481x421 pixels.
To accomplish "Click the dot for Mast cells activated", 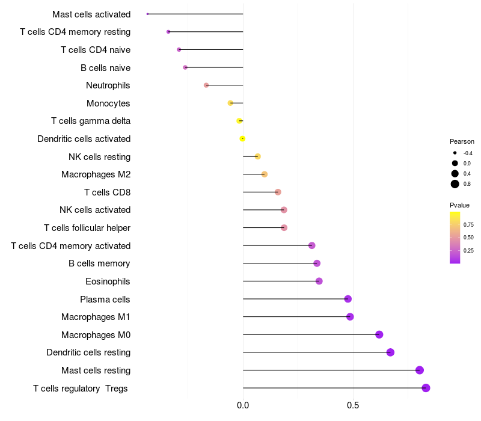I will [x=147, y=14].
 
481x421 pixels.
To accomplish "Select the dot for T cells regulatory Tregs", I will [x=426, y=388].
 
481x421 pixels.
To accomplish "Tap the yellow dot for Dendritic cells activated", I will [x=242, y=138].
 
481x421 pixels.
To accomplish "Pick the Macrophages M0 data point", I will [x=379, y=334].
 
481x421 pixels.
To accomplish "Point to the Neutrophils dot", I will [x=206, y=85].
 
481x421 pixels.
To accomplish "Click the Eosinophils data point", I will [x=319, y=281].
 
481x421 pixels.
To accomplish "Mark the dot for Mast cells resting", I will [x=420, y=370].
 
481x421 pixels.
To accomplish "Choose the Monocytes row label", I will [x=108, y=103].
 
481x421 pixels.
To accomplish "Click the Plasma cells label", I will [x=105, y=299].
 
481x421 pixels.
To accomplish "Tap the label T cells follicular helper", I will [x=87, y=228].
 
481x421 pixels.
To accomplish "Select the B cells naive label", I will [x=105, y=67].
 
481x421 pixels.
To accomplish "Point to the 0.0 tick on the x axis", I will [x=243, y=406].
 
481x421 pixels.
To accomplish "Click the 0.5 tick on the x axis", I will [x=353, y=406].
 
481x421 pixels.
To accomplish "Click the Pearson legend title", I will [x=462, y=141].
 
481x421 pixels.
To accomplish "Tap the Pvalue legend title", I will [x=459, y=205].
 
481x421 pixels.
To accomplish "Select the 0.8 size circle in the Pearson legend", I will [x=455, y=184].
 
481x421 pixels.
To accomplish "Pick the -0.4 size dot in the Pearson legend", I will [x=455, y=153].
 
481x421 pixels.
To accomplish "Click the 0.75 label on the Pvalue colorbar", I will [x=469, y=225].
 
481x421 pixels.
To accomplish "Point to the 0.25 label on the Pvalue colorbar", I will [x=469, y=250].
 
